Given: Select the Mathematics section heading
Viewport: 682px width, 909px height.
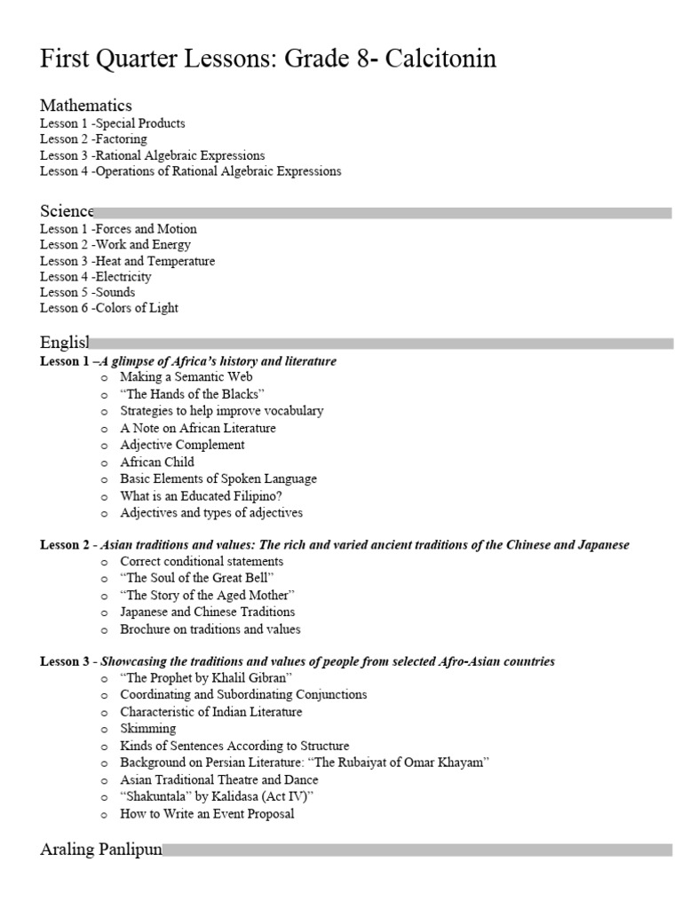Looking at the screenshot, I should click(x=86, y=106).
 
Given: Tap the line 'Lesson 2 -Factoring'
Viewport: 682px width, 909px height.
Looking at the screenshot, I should click(x=93, y=139).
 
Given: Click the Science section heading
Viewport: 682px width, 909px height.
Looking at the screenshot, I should click(x=67, y=211).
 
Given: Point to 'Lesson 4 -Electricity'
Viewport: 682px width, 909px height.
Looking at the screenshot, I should click(x=96, y=276).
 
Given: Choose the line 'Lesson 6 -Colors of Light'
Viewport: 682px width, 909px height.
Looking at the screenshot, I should click(x=109, y=308).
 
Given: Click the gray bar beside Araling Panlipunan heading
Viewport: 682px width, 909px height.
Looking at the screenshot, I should click(x=417, y=850).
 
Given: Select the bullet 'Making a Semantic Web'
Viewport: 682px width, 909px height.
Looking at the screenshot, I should click(x=186, y=377).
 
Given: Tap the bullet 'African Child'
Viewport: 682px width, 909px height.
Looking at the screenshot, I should click(x=157, y=462).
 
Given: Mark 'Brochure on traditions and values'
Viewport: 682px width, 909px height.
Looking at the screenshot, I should click(x=210, y=629).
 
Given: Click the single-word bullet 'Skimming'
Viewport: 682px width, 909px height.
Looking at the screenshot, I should click(x=148, y=729).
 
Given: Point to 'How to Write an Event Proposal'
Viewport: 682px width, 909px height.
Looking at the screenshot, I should click(x=207, y=813).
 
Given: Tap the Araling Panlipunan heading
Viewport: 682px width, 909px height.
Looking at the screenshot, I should click(x=101, y=850).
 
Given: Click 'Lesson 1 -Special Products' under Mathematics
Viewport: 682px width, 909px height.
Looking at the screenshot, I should click(x=113, y=123).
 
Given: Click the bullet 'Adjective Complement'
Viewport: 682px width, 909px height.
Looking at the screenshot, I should click(x=183, y=445).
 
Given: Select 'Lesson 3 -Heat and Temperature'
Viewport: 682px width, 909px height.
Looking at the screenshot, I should click(x=127, y=261).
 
